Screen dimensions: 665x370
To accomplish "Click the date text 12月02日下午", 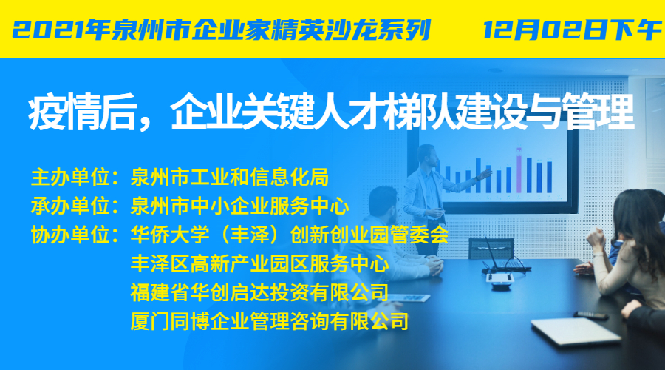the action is pos(572,30).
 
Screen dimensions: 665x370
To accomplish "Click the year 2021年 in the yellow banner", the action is pos(60,30).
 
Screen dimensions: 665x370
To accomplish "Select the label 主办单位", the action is pos(71,177).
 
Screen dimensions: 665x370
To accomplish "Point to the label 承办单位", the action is pos(71,206).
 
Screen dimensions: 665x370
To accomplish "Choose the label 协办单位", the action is pos(71,235).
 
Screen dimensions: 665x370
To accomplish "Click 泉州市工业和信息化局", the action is pos(230,177).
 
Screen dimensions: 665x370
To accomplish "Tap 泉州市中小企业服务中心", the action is pos(239,206).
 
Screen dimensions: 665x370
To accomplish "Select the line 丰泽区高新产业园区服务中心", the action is pos(259,263).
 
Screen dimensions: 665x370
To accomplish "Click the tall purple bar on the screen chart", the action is pos(519,170).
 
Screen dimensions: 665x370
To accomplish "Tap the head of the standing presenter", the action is pos(427,156).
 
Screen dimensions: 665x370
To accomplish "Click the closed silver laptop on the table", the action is pos(576,331).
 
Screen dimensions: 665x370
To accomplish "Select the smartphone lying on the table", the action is pos(591,314).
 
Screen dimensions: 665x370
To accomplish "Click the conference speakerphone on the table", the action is pos(500,280).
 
